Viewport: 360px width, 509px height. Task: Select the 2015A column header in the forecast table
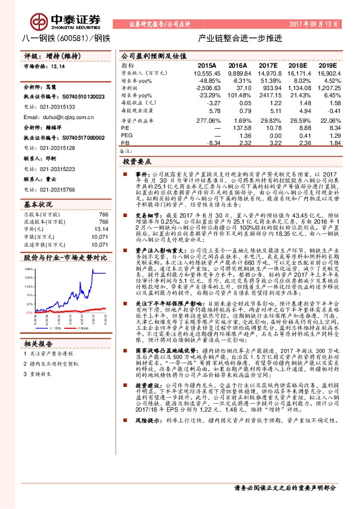pyautogui.click(x=207, y=65)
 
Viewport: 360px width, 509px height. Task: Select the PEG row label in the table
pyautogui.click(x=126, y=135)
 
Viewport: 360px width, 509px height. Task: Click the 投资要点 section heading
pyautogui.click(x=137, y=163)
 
